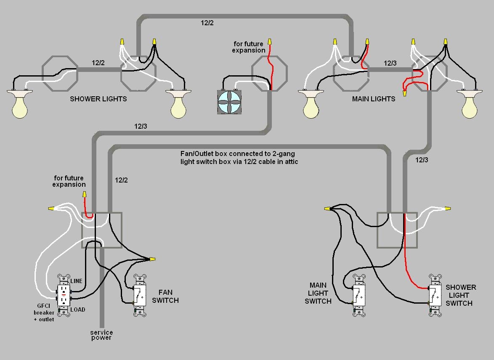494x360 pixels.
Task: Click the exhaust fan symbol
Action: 230,102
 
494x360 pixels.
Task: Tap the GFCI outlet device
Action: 64,295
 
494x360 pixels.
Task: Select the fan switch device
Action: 140,295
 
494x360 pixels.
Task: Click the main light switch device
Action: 359,295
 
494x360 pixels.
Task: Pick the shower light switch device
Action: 435,295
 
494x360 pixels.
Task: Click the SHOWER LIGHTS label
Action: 98,99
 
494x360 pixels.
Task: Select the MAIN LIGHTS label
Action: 373,99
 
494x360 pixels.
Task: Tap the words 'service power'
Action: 101,335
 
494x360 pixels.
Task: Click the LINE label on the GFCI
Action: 77,281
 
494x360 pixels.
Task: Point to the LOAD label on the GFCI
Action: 77,310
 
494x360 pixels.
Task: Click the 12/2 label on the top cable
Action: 207,23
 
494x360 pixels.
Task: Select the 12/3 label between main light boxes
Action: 390,63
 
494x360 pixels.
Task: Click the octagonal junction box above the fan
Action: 269,74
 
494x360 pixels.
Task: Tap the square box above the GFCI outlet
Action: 101,230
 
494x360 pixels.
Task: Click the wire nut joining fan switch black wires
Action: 152,259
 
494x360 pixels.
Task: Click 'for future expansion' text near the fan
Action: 248,47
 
